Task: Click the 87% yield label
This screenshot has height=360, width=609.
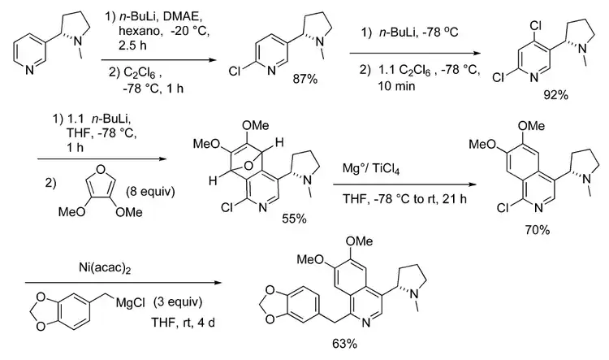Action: pyautogui.click(x=305, y=80)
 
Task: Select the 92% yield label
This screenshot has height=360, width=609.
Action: pyautogui.click(x=555, y=95)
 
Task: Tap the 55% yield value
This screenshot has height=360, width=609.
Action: pyautogui.click(x=295, y=219)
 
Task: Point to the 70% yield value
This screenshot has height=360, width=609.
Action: pyautogui.click(x=538, y=230)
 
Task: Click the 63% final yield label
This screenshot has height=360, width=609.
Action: pyautogui.click(x=344, y=344)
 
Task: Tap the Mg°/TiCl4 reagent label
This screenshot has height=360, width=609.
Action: pyautogui.click(x=371, y=169)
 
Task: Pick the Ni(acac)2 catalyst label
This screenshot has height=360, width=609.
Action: pyautogui.click(x=105, y=267)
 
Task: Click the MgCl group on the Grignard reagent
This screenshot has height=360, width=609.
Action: pyautogui.click(x=130, y=302)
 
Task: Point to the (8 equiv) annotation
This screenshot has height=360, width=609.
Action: pyautogui.click(x=150, y=192)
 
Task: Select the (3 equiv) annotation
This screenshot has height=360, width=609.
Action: pyautogui.click(x=178, y=302)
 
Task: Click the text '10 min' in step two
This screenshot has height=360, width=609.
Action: pyautogui.click(x=396, y=86)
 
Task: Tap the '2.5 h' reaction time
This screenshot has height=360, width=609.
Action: pyautogui.click(x=133, y=46)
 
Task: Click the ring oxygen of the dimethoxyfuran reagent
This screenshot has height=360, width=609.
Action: pyautogui.click(x=100, y=169)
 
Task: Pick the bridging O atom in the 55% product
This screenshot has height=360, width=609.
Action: pyautogui.click(x=248, y=167)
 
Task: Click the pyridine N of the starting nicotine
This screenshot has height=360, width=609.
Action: pyautogui.click(x=30, y=71)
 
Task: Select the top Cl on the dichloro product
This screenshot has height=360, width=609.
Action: pyautogui.click(x=536, y=26)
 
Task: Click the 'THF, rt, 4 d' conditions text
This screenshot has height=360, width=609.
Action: pyautogui.click(x=183, y=323)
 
